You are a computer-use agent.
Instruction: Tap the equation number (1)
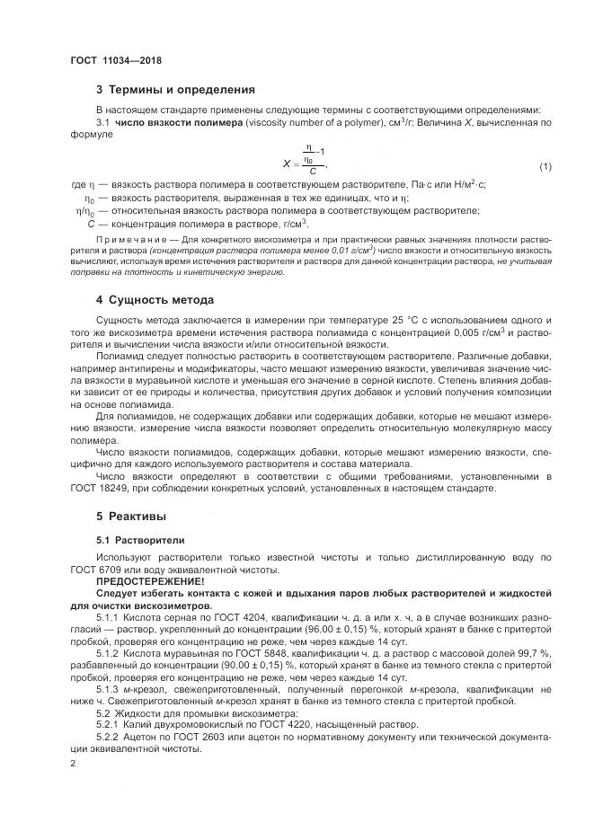545,168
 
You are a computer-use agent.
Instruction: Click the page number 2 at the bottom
73,762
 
